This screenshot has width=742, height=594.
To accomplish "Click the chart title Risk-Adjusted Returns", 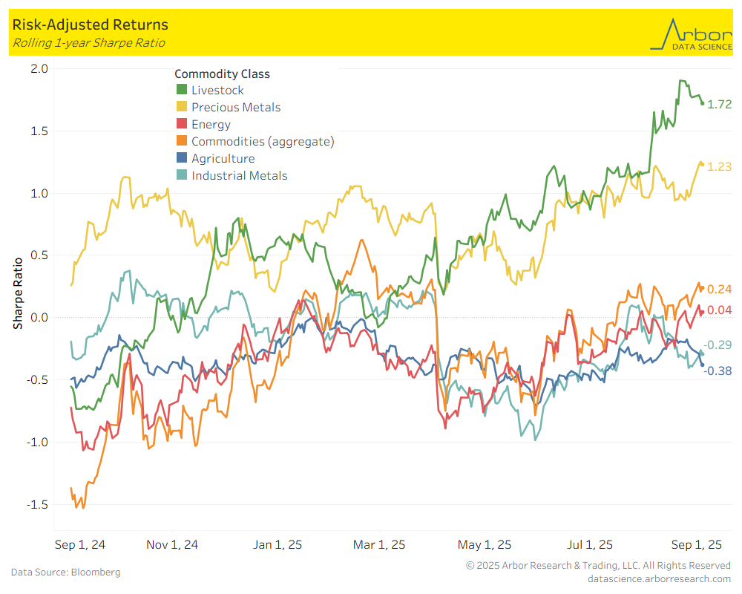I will click(90, 25).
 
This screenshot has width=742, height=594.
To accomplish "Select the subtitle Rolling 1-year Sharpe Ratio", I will click(88, 43).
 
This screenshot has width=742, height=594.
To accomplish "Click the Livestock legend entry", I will click(217, 91).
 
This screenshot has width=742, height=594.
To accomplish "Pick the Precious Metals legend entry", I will click(235, 108).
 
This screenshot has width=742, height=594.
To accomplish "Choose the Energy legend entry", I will click(211, 125).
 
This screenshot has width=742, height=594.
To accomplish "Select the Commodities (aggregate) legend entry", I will click(262, 142).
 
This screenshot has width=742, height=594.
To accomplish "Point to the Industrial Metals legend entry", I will click(239, 176).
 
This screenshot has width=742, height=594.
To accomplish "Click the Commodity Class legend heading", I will click(222, 74).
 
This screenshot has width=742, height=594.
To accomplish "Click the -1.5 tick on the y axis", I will click(37, 505).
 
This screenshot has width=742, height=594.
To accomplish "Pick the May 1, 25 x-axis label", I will click(484, 545).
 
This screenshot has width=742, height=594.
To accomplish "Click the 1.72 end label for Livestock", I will click(720, 105).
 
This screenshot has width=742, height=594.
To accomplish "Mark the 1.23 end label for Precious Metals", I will click(720, 167).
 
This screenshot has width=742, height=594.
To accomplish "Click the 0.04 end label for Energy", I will click(720, 310).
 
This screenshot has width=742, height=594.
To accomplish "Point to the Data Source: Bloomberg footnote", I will click(65, 572).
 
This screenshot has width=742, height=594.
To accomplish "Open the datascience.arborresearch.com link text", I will click(659, 578).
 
